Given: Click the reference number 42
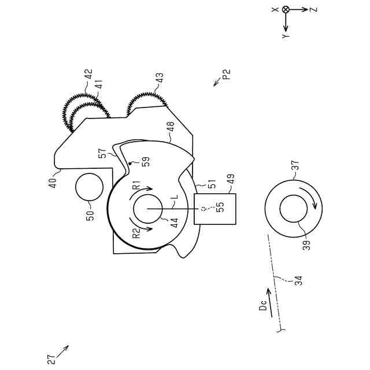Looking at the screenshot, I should click(x=88, y=75).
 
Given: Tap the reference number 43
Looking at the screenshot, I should click(x=160, y=78).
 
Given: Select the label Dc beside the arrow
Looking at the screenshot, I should click(x=262, y=307).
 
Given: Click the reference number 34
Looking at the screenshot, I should click(x=298, y=280).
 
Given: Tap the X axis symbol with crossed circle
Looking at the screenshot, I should click(x=286, y=10).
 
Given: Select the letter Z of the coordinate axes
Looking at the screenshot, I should click(x=311, y=10).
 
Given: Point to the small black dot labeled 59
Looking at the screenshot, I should click(x=130, y=164).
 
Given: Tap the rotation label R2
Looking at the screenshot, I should click(x=136, y=233).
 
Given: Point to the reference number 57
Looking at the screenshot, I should click(x=102, y=154).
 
